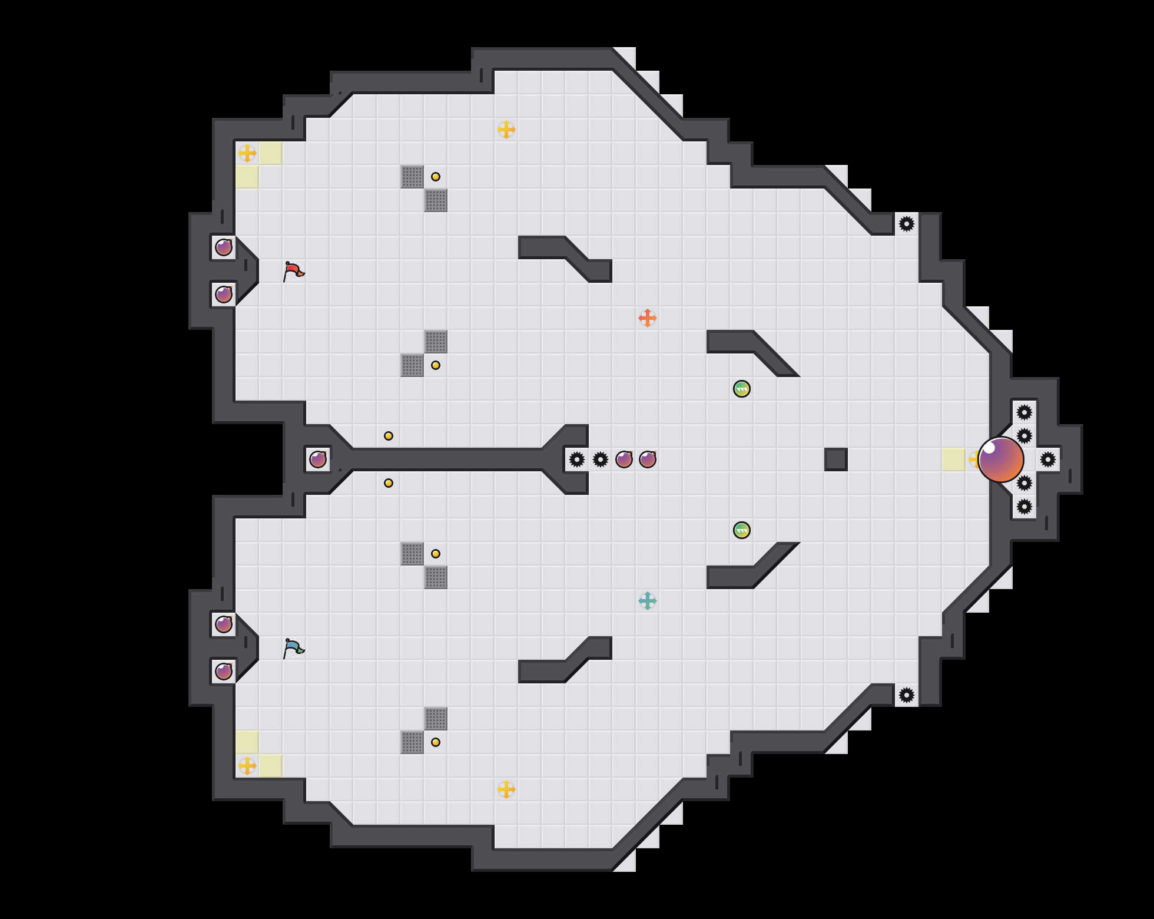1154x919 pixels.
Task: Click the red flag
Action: click(x=293, y=271)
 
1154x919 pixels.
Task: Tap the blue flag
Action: click(x=293, y=648)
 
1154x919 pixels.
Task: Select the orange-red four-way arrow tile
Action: click(x=648, y=318)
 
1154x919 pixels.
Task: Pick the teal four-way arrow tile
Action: click(x=648, y=601)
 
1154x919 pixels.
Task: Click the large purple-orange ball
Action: click(x=1001, y=459)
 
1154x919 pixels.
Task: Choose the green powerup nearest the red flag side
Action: click(x=742, y=389)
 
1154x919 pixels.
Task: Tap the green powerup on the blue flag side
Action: click(x=742, y=530)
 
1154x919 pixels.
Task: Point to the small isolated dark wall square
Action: click(x=836, y=459)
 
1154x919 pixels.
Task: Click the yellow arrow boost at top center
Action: click(x=506, y=130)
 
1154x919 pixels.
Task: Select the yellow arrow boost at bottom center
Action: click(x=506, y=789)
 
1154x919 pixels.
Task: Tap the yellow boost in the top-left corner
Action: click(x=247, y=153)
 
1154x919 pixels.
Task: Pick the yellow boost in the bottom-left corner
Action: click(x=247, y=766)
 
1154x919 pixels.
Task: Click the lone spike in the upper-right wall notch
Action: click(x=907, y=224)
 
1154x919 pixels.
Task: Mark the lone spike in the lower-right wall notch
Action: click(x=907, y=695)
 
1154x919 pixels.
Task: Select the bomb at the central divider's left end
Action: click(x=318, y=459)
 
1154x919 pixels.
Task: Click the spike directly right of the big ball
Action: click(x=1048, y=459)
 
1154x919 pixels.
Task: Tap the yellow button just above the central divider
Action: click(x=389, y=436)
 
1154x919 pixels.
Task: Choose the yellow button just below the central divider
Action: click(x=389, y=483)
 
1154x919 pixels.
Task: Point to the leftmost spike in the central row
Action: click(x=577, y=459)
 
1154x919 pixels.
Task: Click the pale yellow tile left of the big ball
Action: click(x=954, y=459)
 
